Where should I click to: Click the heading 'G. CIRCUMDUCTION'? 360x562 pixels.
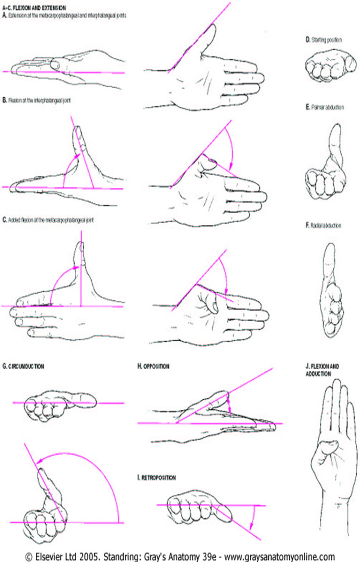point(23,366)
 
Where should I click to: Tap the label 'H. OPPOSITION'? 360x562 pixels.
point(153,366)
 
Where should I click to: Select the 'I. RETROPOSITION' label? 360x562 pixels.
point(156,477)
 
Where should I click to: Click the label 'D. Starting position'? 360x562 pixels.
point(324,39)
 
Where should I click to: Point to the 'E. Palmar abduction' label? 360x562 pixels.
point(325,107)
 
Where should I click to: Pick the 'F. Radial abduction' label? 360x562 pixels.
point(324,225)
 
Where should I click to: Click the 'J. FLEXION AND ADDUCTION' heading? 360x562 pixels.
point(322,370)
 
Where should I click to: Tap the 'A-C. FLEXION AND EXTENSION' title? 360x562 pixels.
point(34,8)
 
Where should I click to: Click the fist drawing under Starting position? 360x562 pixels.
point(330,66)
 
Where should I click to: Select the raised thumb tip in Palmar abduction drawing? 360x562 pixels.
point(336,130)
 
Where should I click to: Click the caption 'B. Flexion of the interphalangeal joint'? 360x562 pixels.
point(36,100)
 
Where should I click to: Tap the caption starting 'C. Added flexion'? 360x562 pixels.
point(48,220)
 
